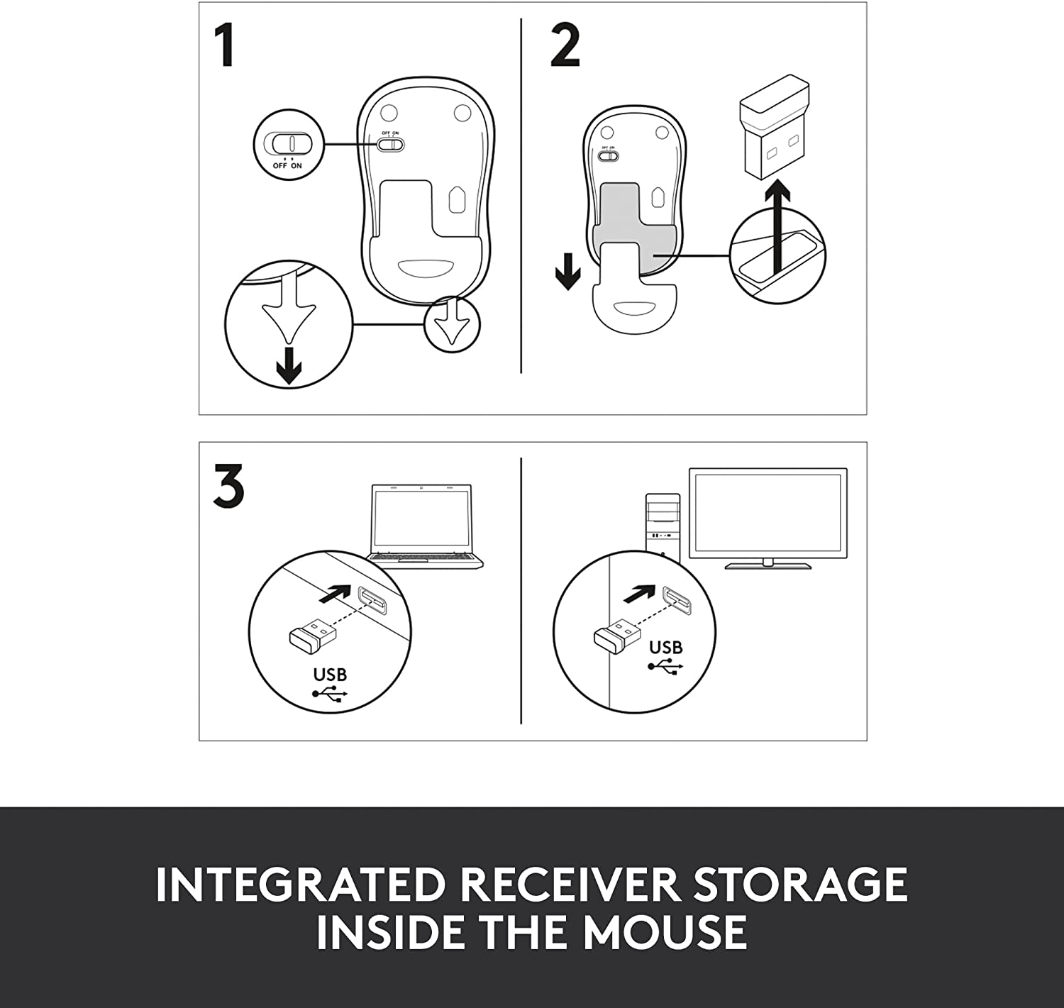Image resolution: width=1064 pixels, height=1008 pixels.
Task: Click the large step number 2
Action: (565, 45)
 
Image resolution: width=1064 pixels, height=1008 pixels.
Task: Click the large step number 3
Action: (228, 486)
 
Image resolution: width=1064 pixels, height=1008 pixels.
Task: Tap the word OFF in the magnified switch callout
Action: (279, 166)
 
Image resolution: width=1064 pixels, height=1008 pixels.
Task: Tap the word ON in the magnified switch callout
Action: (296, 166)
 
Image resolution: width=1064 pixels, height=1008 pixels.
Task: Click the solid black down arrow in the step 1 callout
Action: (289, 366)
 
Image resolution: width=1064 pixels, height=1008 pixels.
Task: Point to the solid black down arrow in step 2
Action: (567, 271)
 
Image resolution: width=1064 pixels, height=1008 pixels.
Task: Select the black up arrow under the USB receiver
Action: (777, 228)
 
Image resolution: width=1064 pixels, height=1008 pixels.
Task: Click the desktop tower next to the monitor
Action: (663, 525)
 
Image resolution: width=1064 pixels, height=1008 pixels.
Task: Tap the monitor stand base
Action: (768, 566)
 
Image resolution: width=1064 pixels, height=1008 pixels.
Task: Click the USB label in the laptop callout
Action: (330, 675)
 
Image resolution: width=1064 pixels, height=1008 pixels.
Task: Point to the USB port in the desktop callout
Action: (677, 600)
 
